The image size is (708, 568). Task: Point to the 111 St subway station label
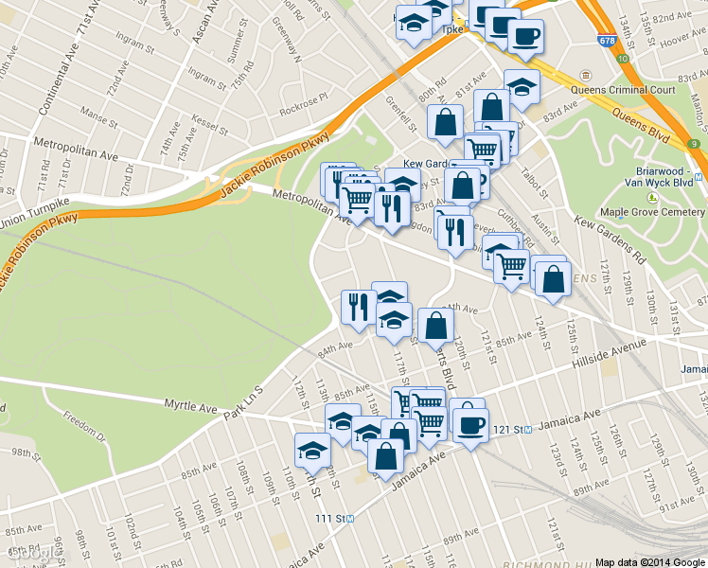334,518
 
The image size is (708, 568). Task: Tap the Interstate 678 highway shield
606,41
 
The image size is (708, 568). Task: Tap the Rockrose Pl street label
303,97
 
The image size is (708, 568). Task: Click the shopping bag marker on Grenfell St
445,122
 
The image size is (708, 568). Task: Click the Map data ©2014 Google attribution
650,561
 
